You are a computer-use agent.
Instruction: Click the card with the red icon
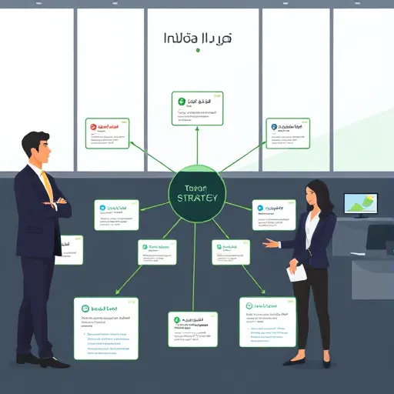107,133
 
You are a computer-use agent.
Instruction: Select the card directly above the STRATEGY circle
196,108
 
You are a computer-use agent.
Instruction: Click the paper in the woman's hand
297,272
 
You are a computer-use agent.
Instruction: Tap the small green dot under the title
198,50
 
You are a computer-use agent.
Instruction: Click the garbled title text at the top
198,37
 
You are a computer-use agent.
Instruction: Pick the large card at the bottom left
106,328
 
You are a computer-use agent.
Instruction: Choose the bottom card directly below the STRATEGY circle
192,329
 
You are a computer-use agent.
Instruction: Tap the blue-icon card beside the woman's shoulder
273,215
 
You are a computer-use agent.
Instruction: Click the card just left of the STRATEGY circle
116,215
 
